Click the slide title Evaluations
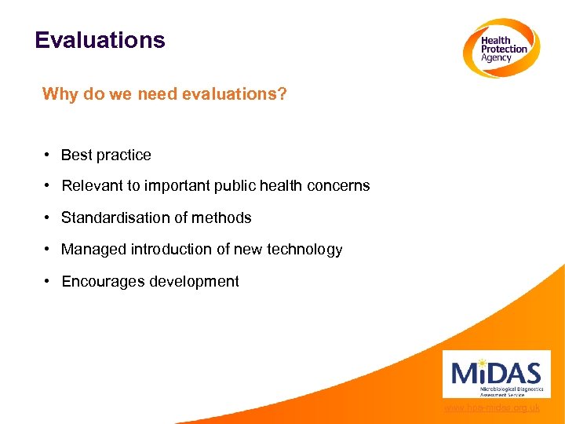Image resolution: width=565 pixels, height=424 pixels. click(100, 40)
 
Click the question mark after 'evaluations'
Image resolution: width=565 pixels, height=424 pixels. click(282, 95)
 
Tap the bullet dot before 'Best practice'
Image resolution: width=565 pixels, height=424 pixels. click(48, 155)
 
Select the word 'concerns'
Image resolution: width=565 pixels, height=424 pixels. click(340, 186)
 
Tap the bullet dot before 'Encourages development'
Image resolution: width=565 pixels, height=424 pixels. click(48, 281)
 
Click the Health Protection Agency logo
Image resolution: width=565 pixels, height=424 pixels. click(500, 48)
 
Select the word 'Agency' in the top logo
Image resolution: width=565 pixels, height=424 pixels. click(496, 58)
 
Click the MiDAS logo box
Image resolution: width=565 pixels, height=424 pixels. click(496, 374)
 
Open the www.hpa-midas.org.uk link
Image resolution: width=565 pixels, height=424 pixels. click(491, 408)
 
